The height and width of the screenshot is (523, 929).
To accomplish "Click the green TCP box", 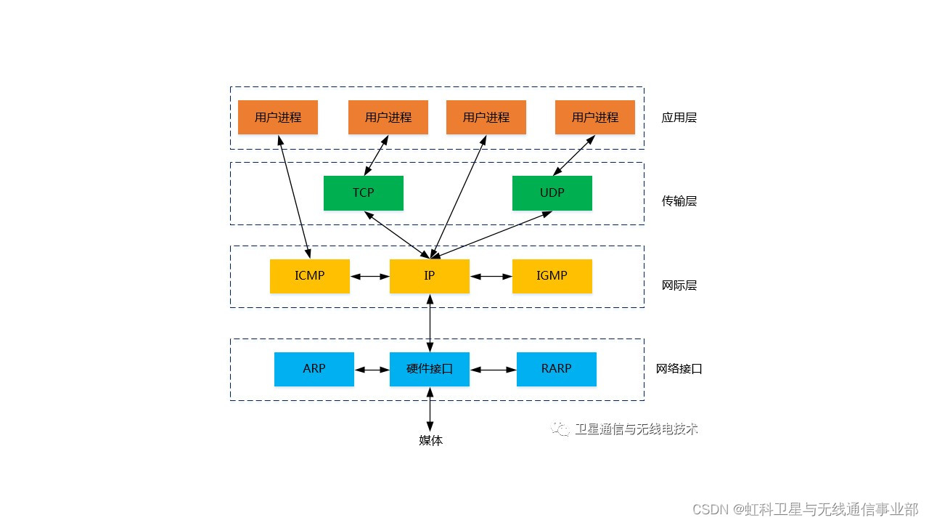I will (x=363, y=193).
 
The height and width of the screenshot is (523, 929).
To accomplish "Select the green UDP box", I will (x=552, y=193).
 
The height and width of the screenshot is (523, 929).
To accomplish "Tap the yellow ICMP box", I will (x=309, y=276).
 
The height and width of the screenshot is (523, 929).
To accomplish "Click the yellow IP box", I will (x=429, y=276).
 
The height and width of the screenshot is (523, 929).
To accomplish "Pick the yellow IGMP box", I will (x=552, y=276).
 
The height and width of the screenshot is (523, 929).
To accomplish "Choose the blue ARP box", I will (x=314, y=369).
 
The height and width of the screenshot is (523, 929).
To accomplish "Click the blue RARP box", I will (x=556, y=369).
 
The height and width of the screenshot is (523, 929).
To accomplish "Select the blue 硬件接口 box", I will (x=429, y=369).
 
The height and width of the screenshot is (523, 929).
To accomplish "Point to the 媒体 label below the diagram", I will (x=430, y=440).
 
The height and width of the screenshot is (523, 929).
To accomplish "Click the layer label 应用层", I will (x=679, y=118).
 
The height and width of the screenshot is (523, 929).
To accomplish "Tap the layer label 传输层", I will (x=679, y=201).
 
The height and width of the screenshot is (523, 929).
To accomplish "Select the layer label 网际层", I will (x=679, y=285).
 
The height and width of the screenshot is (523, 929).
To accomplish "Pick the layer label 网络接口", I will (x=679, y=369).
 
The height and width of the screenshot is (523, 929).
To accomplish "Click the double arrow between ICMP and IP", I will (x=369, y=277).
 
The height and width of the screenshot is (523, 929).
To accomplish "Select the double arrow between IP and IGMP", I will (x=491, y=277).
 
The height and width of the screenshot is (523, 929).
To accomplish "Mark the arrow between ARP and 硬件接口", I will (x=372, y=370).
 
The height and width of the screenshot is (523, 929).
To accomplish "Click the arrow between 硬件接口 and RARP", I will (x=493, y=370).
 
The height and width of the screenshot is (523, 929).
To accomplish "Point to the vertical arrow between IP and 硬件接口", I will (x=430, y=323).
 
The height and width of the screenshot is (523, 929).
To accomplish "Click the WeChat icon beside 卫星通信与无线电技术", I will (x=560, y=429).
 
